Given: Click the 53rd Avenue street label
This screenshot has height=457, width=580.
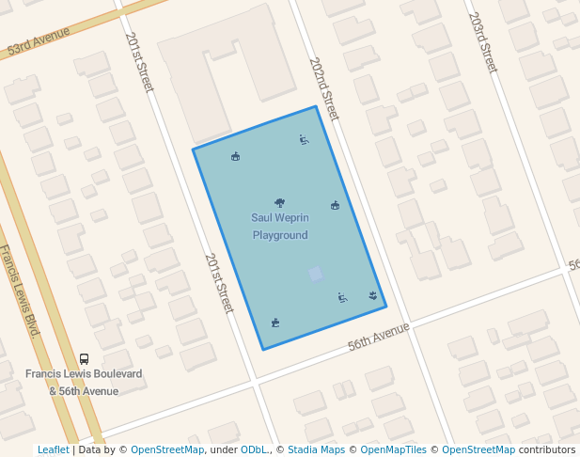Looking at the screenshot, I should tap(39, 41).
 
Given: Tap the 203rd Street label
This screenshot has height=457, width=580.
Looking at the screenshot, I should tap(482, 42).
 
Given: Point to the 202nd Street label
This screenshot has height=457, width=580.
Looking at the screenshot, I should tap(323, 88).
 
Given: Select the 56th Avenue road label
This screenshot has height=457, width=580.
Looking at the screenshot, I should tap(379, 337).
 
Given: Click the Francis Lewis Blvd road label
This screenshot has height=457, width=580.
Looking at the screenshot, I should tap(21, 291).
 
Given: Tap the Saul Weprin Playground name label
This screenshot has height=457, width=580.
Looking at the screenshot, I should tap(280, 227).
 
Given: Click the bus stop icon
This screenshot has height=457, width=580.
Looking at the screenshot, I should tap(84, 359).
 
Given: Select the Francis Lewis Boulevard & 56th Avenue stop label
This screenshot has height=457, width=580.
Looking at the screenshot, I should tap(84, 382).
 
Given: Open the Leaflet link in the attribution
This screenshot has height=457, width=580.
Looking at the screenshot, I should tap(53, 450).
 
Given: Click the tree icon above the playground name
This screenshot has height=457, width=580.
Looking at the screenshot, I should tap(279, 202).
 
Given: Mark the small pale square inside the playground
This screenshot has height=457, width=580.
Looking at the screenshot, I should tap(316, 274).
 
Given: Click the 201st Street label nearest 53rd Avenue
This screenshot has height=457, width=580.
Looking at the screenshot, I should tap(138, 62).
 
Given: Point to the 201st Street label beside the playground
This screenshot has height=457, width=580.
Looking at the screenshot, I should tap(218, 283).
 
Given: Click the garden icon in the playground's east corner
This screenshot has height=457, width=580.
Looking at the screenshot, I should tap(373, 295).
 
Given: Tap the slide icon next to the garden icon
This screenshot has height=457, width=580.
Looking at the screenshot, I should tap(343, 298).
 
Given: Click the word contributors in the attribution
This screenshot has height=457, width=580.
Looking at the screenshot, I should tap(546, 450).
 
